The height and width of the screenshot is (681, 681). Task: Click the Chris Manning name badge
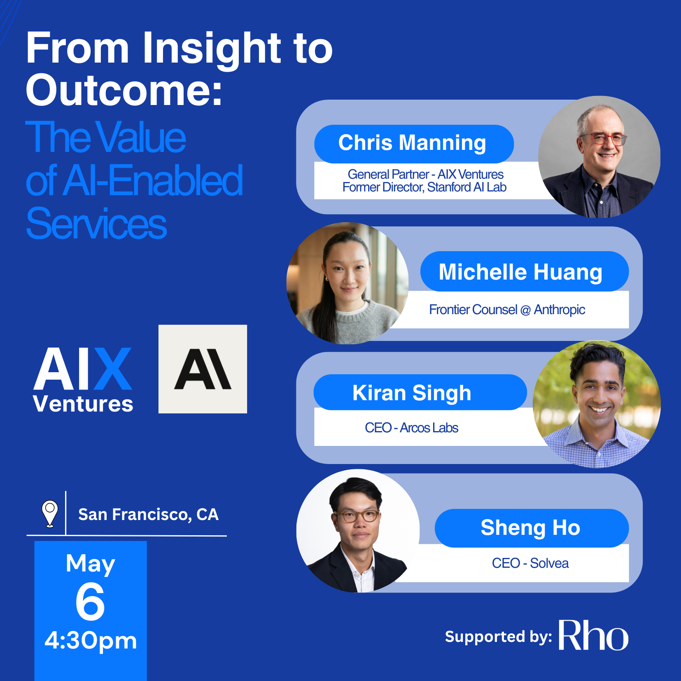coord(414,144)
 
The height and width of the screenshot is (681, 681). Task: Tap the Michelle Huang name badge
coord(524,271)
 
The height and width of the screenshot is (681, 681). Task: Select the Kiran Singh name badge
coord(420,392)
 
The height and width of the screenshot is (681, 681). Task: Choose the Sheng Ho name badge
coord(532,528)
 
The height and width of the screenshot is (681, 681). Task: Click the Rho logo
coord(593,635)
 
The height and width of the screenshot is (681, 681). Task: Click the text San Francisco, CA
coord(148,515)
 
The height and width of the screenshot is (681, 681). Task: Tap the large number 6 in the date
coord(90,602)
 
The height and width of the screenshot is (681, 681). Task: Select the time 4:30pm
coord(91,641)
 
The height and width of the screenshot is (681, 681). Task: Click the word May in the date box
coord(91,564)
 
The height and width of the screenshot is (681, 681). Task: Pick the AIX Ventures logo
coord(83,380)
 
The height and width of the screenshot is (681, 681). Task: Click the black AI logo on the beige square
coord(203,369)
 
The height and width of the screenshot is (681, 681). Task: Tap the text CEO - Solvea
coord(530,563)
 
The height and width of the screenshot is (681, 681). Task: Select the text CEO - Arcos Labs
coord(411,428)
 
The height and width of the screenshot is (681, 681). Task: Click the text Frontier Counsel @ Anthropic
coord(507,310)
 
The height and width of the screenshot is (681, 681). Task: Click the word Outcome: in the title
coord(124,90)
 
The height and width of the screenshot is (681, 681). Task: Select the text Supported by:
coord(499,637)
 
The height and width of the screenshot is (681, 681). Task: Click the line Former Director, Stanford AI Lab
coord(424,187)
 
